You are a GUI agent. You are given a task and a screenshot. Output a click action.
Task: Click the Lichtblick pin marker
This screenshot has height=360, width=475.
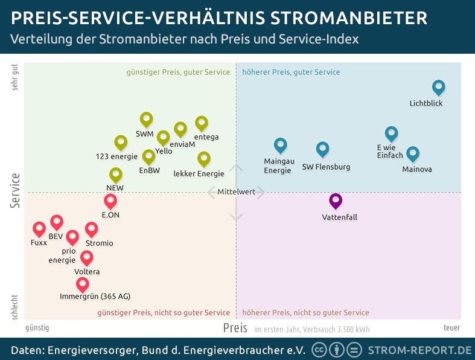[439, 88]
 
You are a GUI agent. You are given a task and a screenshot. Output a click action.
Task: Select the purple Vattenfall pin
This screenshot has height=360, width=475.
[336, 201]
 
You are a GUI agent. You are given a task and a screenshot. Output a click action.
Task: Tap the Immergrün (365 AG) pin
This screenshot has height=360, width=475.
[83, 284]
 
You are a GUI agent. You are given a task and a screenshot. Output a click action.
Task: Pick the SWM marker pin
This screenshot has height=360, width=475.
[146, 120]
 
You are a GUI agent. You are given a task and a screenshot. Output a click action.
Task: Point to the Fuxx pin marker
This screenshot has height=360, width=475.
[39, 229]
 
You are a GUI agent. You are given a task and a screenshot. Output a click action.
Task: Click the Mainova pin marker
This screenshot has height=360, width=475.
[412, 154]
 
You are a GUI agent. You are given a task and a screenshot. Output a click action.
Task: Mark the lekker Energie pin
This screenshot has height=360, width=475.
[204, 159]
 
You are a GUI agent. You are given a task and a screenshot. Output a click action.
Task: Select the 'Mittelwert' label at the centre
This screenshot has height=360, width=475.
[236, 192]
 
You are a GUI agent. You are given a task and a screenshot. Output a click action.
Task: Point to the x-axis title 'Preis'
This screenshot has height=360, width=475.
[235, 328]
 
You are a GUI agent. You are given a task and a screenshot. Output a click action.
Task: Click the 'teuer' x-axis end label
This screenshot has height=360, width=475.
[451, 328]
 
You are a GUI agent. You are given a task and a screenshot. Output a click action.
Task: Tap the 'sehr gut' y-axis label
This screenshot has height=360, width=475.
[15, 77]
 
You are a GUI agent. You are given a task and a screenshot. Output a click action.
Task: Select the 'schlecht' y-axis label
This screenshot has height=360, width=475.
[15, 307]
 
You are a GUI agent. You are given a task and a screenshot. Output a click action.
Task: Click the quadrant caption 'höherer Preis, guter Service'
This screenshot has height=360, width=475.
[291, 72]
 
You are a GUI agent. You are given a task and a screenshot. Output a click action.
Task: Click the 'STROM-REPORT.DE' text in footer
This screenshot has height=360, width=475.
[419, 350]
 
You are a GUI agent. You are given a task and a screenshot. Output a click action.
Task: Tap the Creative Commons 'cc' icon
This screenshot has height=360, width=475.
[319, 350]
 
